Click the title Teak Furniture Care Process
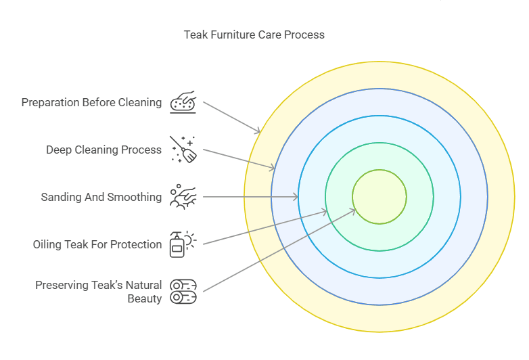click(254, 35)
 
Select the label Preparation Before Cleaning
click(91, 103)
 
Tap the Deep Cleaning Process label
click(103, 150)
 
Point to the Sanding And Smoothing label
click(101, 197)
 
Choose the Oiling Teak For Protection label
click(97, 244)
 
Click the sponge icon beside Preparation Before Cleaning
click(183, 102)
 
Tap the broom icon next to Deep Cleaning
click(183, 150)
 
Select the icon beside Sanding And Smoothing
click(183, 196)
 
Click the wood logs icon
click(183, 292)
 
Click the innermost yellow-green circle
click(379, 197)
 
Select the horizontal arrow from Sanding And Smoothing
click(250, 197)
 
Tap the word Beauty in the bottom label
click(144, 298)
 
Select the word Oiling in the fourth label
click(47, 244)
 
